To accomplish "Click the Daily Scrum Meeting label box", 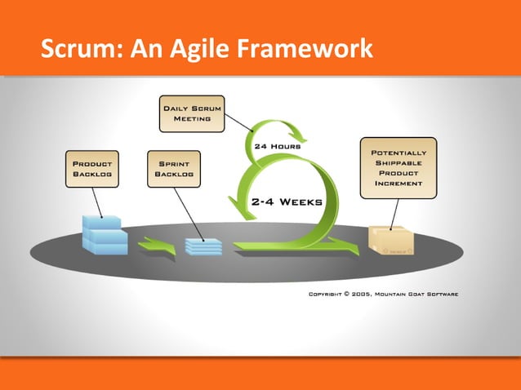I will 191,113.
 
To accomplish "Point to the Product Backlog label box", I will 92,168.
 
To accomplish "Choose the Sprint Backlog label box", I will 173,168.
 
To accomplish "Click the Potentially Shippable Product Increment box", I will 398,168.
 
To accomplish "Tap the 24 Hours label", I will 280,146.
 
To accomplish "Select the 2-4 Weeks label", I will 287,201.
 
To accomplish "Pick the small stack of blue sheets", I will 203,244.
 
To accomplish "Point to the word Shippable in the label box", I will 399,162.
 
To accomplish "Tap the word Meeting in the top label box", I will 191,119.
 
